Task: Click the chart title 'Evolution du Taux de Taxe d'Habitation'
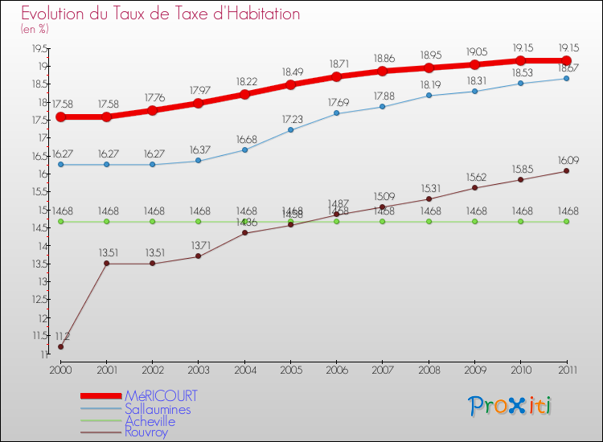click(x=160, y=14)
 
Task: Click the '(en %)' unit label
click(x=34, y=29)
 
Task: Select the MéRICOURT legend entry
click(x=160, y=396)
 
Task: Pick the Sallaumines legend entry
click(x=158, y=409)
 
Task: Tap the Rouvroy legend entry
click(x=146, y=432)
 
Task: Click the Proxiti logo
click(x=510, y=406)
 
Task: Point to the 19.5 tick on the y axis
click(x=39, y=48)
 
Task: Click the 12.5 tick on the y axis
click(x=39, y=300)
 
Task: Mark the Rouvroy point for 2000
click(x=60, y=347)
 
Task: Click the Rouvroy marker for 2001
click(x=106, y=264)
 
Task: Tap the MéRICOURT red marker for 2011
click(x=566, y=60)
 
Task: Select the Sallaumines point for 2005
click(x=290, y=129)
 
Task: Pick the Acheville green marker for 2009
click(x=474, y=222)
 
